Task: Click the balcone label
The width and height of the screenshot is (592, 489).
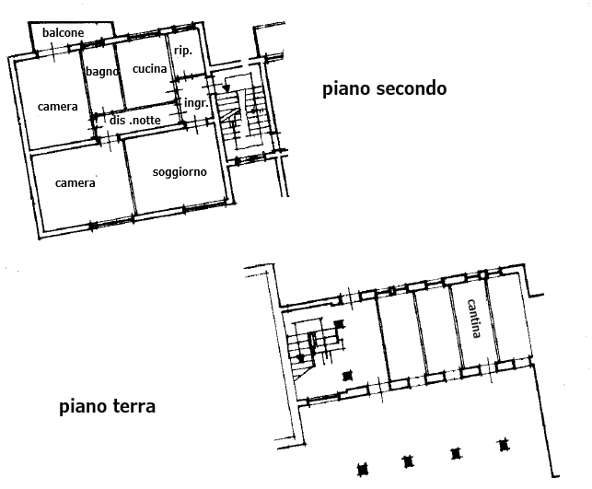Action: coord(63,33)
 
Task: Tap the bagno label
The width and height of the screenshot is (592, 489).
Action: coord(102,71)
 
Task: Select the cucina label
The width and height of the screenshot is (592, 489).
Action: coord(149,69)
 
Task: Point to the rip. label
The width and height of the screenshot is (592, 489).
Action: coord(183,51)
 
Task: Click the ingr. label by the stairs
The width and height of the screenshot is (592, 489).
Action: coord(196,103)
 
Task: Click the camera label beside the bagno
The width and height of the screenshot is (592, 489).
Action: coord(58,107)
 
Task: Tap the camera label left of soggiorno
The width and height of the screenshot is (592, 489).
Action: coord(75,183)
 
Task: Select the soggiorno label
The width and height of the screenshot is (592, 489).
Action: coord(180,172)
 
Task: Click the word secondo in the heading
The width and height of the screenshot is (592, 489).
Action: coord(412,88)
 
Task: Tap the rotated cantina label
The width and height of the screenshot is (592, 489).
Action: coord(474,319)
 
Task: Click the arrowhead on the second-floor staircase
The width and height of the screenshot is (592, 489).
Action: coord(226,88)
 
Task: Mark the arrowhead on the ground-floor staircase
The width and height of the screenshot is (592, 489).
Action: coord(300,358)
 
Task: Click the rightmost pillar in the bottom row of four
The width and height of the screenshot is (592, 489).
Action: coord(504,445)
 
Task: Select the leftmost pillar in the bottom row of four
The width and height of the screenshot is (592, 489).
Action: coord(363,470)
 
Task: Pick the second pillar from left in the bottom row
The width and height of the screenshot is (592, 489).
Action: coord(408,461)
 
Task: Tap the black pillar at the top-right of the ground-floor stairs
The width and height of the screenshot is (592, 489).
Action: coord(340,323)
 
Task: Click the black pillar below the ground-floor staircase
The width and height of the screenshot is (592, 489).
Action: coord(347,376)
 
